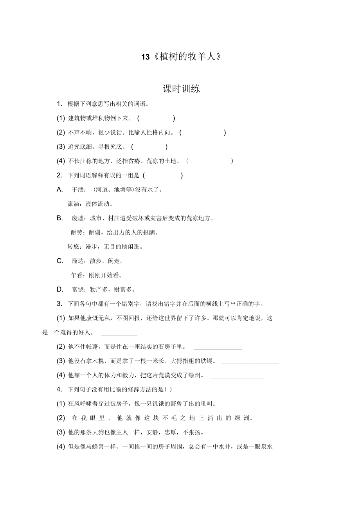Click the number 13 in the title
tap(145, 57)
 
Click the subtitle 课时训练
tap(181, 89)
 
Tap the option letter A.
tap(60, 189)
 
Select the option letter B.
tap(60, 218)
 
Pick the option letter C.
tap(60, 261)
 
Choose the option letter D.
tap(60, 289)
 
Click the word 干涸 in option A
tap(77, 190)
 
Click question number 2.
tap(59, 175)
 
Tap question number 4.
tap(59, 389)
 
